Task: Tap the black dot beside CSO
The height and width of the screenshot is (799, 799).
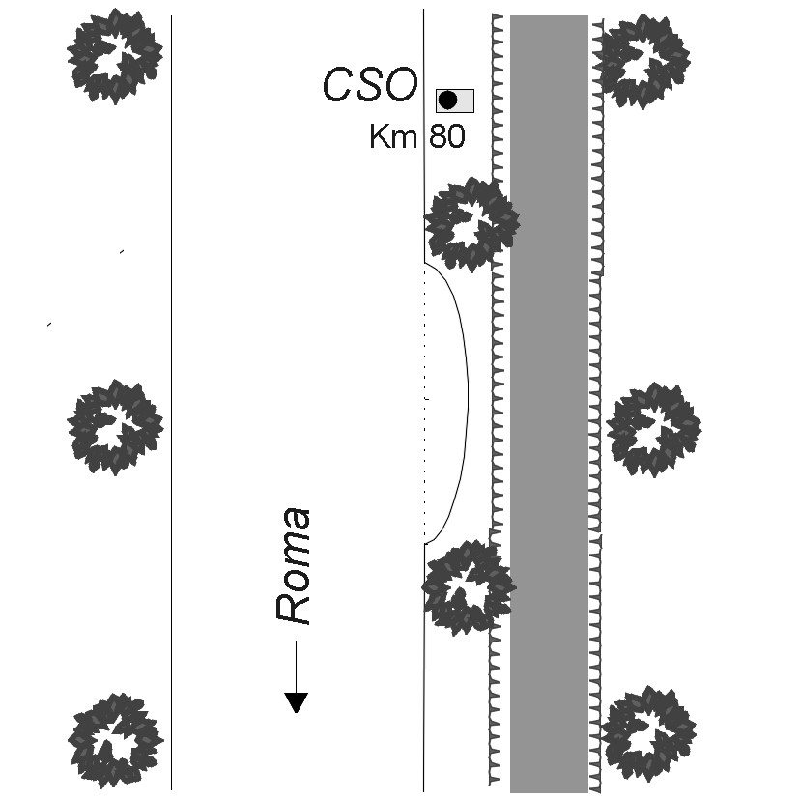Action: tap(446, 100)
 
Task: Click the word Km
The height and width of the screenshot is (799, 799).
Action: tap(392, 137)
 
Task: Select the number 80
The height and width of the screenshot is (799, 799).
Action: tap(446, 137)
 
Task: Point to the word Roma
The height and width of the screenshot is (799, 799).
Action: tap(294, 565)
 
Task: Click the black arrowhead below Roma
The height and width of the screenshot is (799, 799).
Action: tap(296, 702)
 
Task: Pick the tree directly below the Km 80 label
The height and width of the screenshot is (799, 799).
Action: tap(471, 223)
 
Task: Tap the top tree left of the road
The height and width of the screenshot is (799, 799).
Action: tap(115, 56)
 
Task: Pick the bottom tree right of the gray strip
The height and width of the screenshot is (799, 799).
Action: tap(648, 735)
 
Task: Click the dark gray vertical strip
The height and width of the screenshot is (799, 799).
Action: tap(549, 406)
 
